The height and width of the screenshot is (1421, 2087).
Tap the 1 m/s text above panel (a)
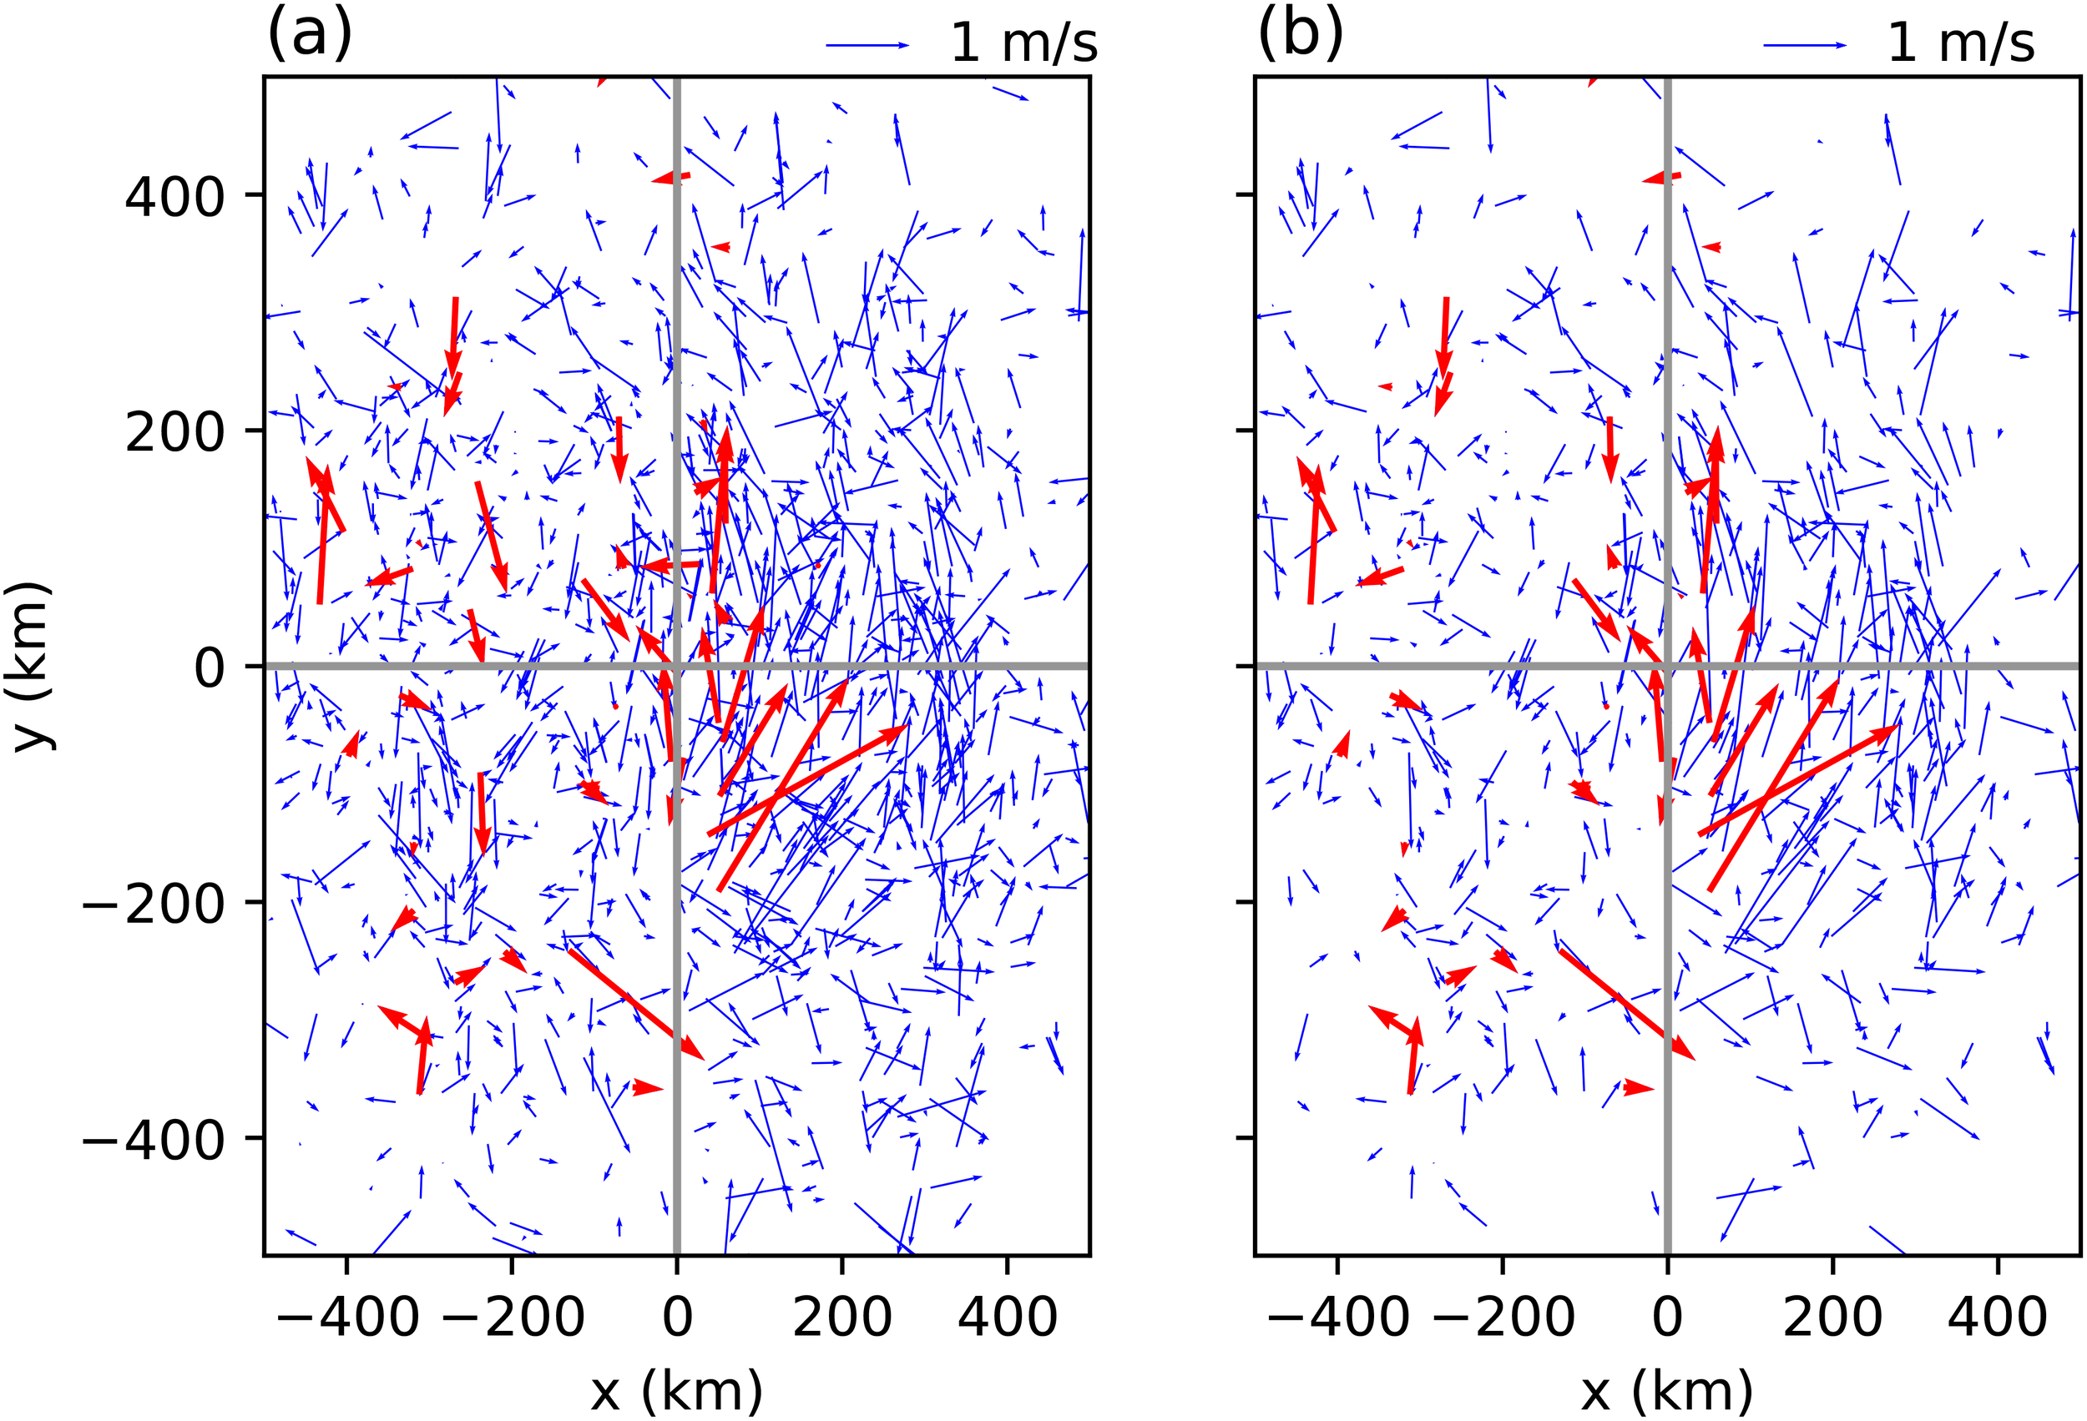click(1023, 43)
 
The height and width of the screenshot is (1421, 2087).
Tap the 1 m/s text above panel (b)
click(1960, 43)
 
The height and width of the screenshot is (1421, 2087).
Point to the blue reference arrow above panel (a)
click(867, 45)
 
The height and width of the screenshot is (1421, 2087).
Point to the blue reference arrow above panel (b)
click(1805, 45)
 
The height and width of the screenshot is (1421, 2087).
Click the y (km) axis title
click(33, 665)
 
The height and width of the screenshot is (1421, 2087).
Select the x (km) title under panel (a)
click(676, 1390)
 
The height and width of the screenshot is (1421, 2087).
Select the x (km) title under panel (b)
click(1667, 1390)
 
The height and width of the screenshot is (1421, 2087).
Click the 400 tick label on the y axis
click(174, 197)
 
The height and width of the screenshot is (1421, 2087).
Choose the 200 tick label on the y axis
click(174, 431)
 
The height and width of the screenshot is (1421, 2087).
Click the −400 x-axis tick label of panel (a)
click(346, 1317)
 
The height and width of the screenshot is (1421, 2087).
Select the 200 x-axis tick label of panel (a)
click(842, 1317)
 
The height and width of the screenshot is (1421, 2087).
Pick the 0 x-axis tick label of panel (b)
click(1668, 1317)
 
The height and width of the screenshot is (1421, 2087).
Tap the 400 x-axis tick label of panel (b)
click(1997, 1317)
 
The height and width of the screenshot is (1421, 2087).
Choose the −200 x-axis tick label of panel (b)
click(1503, 1317)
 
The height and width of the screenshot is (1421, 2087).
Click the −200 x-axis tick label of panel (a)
click(512, 1317)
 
